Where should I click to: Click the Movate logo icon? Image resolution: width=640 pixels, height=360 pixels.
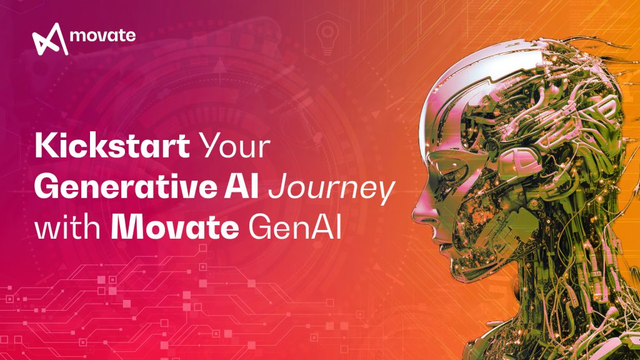pyautogui.click(x=49, y=39)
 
